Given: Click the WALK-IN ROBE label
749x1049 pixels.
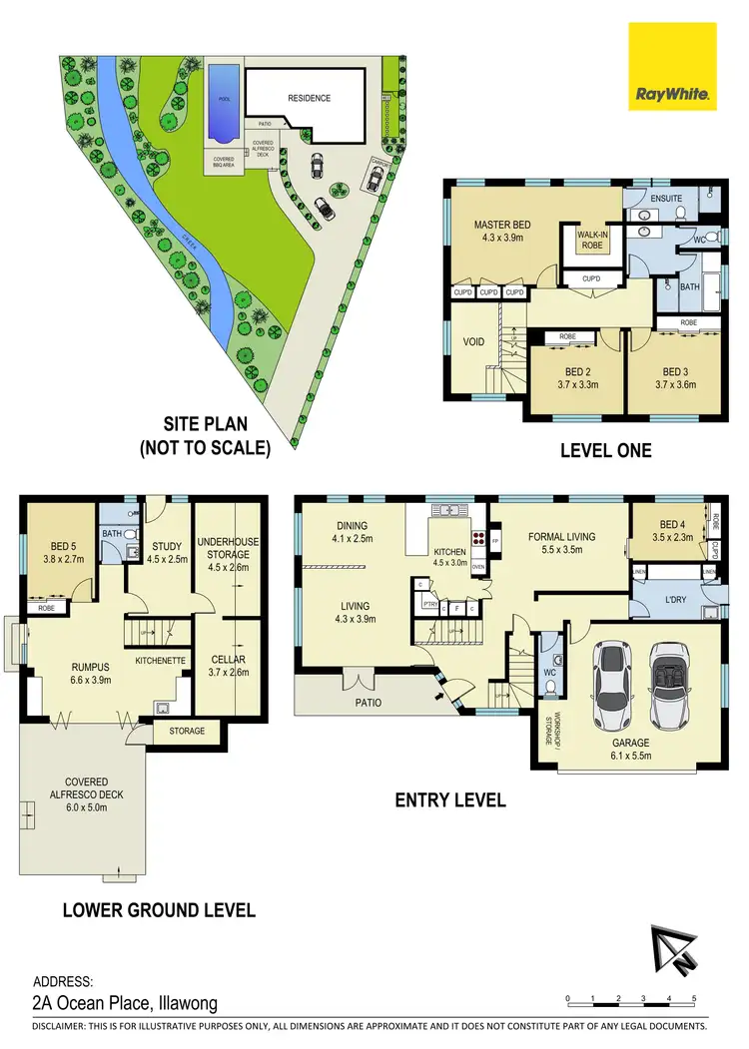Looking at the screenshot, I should click(x=593, y=239).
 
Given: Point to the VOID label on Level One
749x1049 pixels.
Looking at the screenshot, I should click(x=474, y=342).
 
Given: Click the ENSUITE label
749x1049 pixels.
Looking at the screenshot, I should click(x=666, y=199).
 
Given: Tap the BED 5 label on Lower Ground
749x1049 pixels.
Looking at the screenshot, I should click(x=60, y=546).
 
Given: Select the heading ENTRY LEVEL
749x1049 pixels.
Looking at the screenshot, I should click(x=450, y=799).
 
